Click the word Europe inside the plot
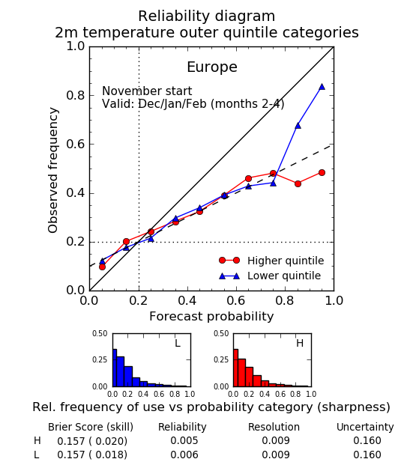tap(212, 67)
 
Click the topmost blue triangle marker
tap(322, 87)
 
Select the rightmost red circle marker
tap(322, 173)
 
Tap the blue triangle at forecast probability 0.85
tap(298, 126)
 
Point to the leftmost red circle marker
tap(102, 267)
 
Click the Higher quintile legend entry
tap(271, 261)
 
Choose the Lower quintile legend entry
tap(270, 276)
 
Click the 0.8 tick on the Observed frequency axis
tap(76, 96)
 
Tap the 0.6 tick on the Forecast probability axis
tap(236, 300)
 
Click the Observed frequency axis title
tap(53, 170)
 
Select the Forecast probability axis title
tap(211, 317)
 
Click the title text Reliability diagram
tap(207, 16)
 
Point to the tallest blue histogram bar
tap(115, 368)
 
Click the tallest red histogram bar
tap(235, 368)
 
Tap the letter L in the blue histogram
tap(178, 343)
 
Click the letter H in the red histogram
tap(300, 343)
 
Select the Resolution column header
tap(274, 427)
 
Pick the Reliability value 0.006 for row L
tap(184, 455)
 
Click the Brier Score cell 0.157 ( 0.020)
tap(92, 441)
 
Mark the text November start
tap(147, 91)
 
